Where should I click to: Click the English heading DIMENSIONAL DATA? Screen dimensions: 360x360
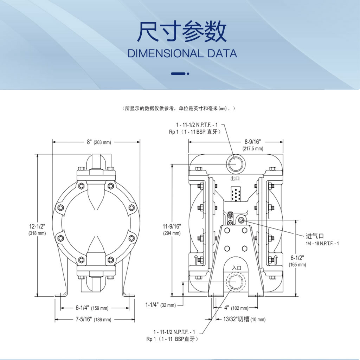182,53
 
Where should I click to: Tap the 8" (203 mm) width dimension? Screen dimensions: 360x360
99,142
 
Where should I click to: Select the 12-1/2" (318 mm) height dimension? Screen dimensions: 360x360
37,230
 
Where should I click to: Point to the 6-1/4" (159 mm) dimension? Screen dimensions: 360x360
92,308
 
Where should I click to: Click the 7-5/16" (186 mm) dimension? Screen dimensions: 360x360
94,319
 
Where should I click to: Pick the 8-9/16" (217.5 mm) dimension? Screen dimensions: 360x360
253,145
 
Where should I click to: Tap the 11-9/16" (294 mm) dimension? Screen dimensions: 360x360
172,230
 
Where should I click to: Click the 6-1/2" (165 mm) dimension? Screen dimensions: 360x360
297,261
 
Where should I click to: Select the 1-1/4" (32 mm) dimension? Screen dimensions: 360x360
160,305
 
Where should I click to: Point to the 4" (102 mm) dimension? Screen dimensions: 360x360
236,308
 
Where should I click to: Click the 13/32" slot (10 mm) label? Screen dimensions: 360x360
244,319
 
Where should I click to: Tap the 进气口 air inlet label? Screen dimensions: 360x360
315,236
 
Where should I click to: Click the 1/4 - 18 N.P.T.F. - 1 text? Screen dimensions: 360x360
322,243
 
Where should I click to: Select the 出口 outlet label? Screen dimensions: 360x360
235,178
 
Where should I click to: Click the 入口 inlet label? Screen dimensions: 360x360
237,268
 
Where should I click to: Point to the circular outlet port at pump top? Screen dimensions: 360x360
236,164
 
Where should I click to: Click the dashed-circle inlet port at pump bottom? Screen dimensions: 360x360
236,282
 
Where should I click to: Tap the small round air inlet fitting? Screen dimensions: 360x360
241,220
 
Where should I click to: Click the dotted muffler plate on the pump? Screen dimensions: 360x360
236,194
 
